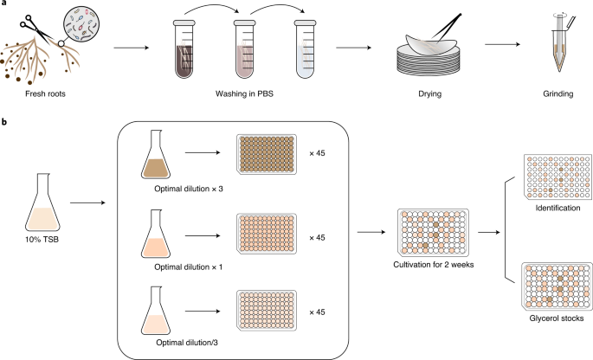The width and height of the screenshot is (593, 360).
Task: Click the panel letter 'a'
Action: click(x=4, y=5)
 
